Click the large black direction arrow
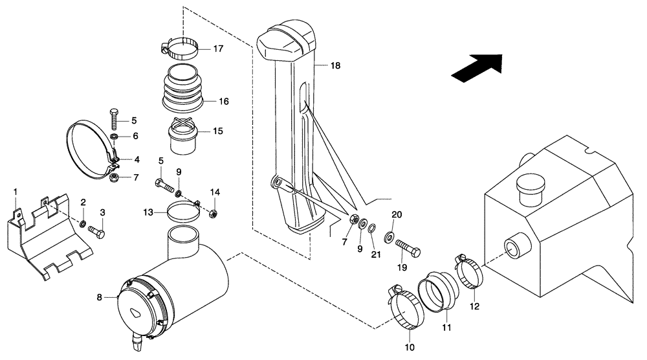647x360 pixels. (477, 68)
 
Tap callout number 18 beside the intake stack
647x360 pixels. (334, 66)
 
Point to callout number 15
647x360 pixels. (218, 131)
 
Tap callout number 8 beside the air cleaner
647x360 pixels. (100, 298)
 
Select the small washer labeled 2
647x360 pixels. (83, 224)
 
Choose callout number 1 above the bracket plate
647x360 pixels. (16, 192)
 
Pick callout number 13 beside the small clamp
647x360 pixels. (148, 212)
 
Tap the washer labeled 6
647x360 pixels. (115, 138)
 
